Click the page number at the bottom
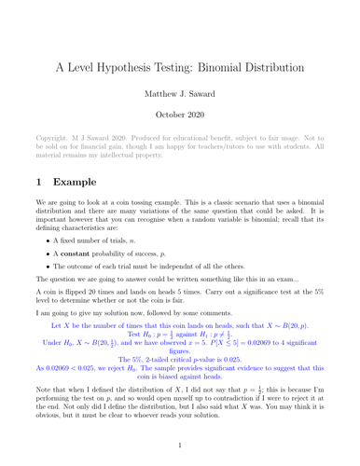coord(180,458)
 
